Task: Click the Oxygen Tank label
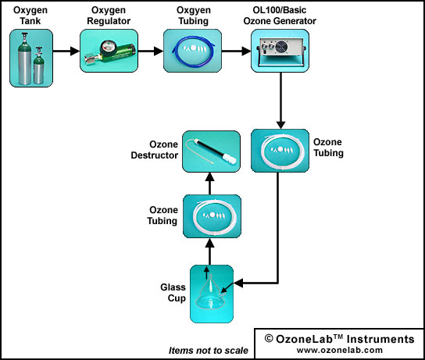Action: (x=30, y=16)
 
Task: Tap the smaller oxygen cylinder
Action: (x=38, y=66)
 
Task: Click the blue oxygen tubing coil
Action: (x=194, y=52)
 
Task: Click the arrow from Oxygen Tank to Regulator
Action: (x=66, y=51)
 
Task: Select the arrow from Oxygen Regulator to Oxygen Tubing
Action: (x=151, y=51)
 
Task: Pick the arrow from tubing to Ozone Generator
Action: (x=236, y=51)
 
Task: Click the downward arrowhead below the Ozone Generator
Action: (x=280, y=125)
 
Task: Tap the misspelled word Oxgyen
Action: (x=194, y=10)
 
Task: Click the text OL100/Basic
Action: (x=280, y=10)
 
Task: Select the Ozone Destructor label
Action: (x=155, y=150)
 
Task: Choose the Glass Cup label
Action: (x=173, y=293)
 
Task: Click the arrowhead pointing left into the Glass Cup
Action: (x=238, y=283)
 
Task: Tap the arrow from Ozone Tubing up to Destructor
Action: (x=210, y=184)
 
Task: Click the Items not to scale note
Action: (x=208, y=351)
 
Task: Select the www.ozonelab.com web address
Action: (x=340, y=350)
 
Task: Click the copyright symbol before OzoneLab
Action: (x=269, y=339)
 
